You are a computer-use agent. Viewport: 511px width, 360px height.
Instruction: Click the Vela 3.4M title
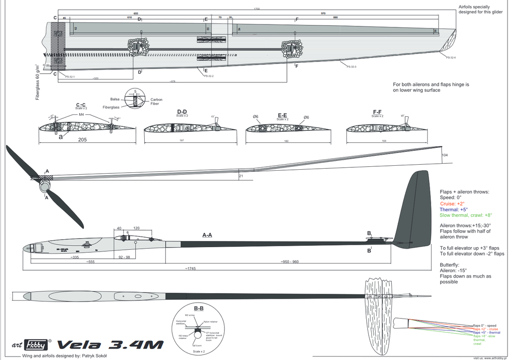coord(110,345)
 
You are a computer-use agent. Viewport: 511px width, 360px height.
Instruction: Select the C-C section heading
coord(81,105)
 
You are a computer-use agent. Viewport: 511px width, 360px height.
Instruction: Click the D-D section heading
coord(182,112)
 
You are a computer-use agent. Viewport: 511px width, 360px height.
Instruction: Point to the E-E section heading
coord(283,114)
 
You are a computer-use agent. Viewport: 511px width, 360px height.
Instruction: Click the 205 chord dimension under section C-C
coord(83,140)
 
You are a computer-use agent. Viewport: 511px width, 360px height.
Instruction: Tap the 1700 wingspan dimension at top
coord(257,9)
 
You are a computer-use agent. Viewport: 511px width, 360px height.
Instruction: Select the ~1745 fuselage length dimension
coord(190,268)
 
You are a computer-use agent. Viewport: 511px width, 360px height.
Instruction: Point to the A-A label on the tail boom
coord(207,234)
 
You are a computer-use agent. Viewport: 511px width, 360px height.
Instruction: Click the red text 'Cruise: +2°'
coord(453,204)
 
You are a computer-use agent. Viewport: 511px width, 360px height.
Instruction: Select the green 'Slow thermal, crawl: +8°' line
coord(466,215)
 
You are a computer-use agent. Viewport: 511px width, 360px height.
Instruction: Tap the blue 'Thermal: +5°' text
coord(454,210)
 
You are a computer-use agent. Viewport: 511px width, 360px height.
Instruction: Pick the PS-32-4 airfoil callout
coord(451,57)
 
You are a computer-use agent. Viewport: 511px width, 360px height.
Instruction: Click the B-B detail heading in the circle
coord(199,308)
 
